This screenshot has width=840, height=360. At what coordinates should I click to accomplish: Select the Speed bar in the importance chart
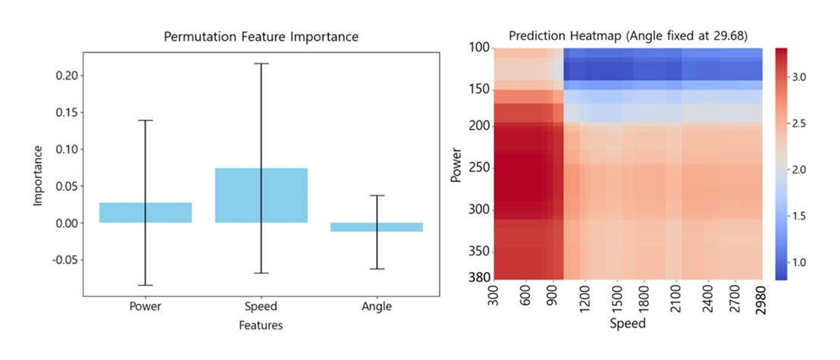click(x=261, y=195)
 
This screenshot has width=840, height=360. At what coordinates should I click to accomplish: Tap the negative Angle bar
click(x=376, y=227)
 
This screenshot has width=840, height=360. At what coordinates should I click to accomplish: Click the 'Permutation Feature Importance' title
click(x=261, y=36)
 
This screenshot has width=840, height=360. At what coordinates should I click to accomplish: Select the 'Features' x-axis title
click(x=261, y=326)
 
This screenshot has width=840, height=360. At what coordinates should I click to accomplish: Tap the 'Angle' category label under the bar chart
click(x=377, y=307)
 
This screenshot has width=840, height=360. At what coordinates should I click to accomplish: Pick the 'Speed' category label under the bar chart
click(x=261, y=307)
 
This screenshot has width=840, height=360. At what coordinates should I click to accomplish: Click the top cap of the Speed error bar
click(x=261, y=64)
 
